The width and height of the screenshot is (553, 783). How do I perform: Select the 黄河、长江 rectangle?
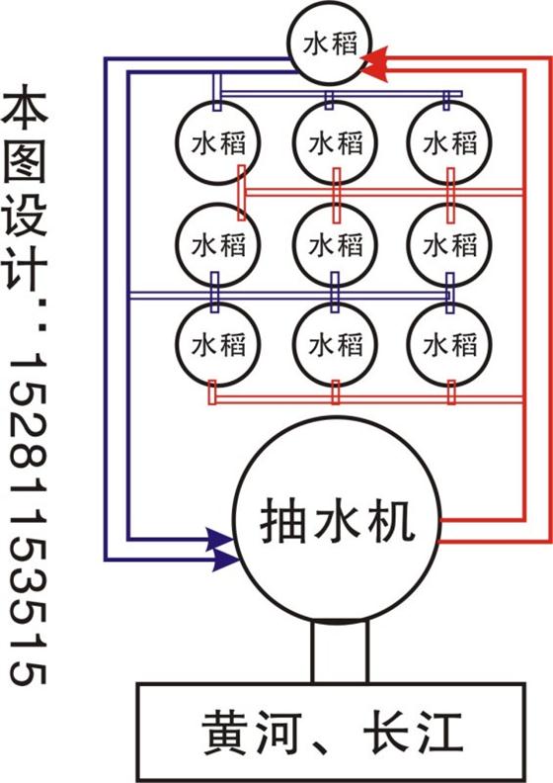(331, 732)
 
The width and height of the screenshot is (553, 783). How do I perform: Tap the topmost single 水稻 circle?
(330, 43)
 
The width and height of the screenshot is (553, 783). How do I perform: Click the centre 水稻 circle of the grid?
(335, 245)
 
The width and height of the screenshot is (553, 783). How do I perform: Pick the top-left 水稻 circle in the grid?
(218, 142)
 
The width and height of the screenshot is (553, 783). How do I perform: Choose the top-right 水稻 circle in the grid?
(449, 142)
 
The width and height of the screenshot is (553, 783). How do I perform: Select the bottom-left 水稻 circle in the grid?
(218, 345)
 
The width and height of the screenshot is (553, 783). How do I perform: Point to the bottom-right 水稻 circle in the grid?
(449, 345)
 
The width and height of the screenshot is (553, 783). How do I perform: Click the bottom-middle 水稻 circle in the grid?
(335, 345)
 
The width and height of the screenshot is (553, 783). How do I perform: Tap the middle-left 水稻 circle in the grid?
(218, 245)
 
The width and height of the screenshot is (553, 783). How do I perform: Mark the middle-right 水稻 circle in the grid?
(449, 245)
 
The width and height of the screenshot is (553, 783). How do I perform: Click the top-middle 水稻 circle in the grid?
(335, 142)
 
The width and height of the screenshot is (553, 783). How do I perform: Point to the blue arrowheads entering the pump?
(222, 550)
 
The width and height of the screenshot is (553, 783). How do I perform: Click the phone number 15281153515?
(28, 519)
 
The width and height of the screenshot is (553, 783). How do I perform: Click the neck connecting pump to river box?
(340, 652)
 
